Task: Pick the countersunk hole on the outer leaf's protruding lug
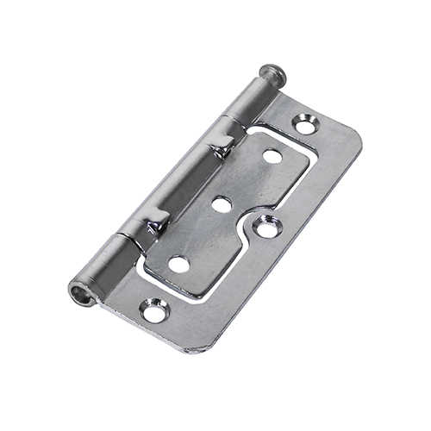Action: [267, 228]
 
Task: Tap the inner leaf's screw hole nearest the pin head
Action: [272, 157]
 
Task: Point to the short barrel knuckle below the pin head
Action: [245, 102]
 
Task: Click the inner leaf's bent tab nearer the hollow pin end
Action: [155, 226]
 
